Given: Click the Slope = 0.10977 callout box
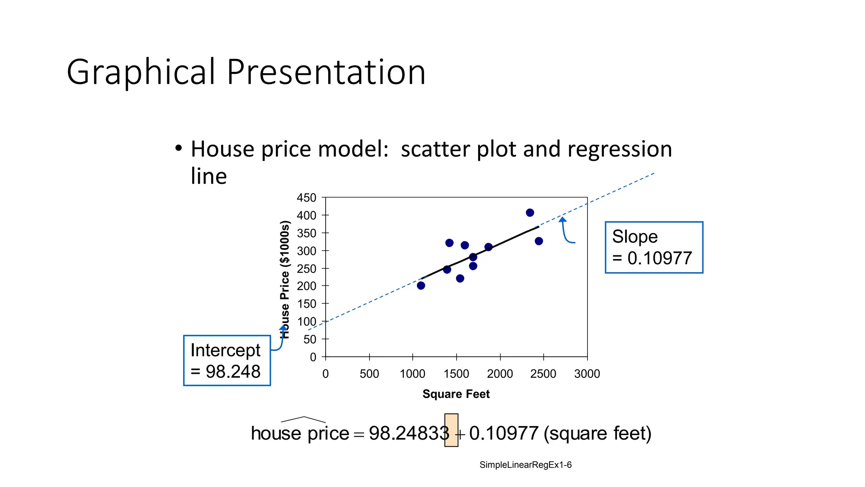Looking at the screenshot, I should pyautogui.click(x=653, y=247).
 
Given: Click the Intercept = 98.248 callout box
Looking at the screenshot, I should pyautogui.click(x=227, y=361).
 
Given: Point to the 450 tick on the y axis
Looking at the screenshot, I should pyautogui.click(x=306, y=198).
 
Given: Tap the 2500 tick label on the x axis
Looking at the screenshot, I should pyautogui.click(x=543, y=374).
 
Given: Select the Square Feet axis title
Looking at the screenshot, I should pyautogui.click(x=456, y=394).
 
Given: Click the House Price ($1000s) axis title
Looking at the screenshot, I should pyautogui.click(x=286, y=279).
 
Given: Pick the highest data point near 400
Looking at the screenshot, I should pyautogui.click(x=530, y=213).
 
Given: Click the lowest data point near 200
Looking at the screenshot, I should pyautogui.click(x=421, y=286).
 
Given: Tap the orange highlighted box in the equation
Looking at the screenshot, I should pyautogui.click(x=451, y=430).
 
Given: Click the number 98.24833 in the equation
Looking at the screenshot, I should pyautogui.click(x=408, y=433).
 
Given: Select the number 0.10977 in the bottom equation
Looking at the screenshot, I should pyautogui.click(x=503, y=433).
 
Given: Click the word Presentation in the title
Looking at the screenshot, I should pyautogui.click(x=326, y=72).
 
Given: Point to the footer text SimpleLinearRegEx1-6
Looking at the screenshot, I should pyautogui.click(x=525, y=465).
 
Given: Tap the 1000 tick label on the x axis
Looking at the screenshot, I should pyautogui.click(x=412, y=374).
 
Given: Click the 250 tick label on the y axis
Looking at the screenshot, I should pyautogui.click(x=306, y=269).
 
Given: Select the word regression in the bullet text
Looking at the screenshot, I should pyautogui.click(x=619, y=149).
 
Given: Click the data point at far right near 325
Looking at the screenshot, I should pyautogui.click(x=539, y=241).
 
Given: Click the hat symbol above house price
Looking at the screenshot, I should pyautogui.click(x=303, y=419).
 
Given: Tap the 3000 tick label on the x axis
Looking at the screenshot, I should pyautogui.click(x=587, y=374).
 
